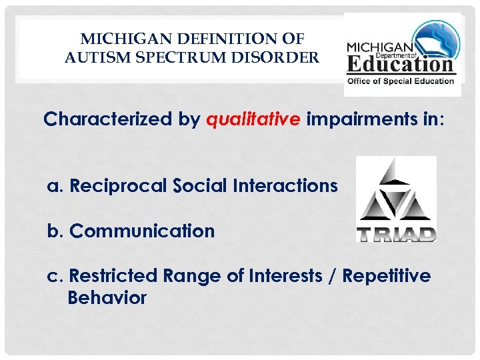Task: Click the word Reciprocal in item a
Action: click(x=117, y=185)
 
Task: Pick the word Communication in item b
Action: click(x=142, y=231)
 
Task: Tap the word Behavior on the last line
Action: click(x=107, y=298)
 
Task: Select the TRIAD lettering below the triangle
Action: click(x=396, y=234)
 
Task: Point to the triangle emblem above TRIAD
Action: click(x=396, y=194)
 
